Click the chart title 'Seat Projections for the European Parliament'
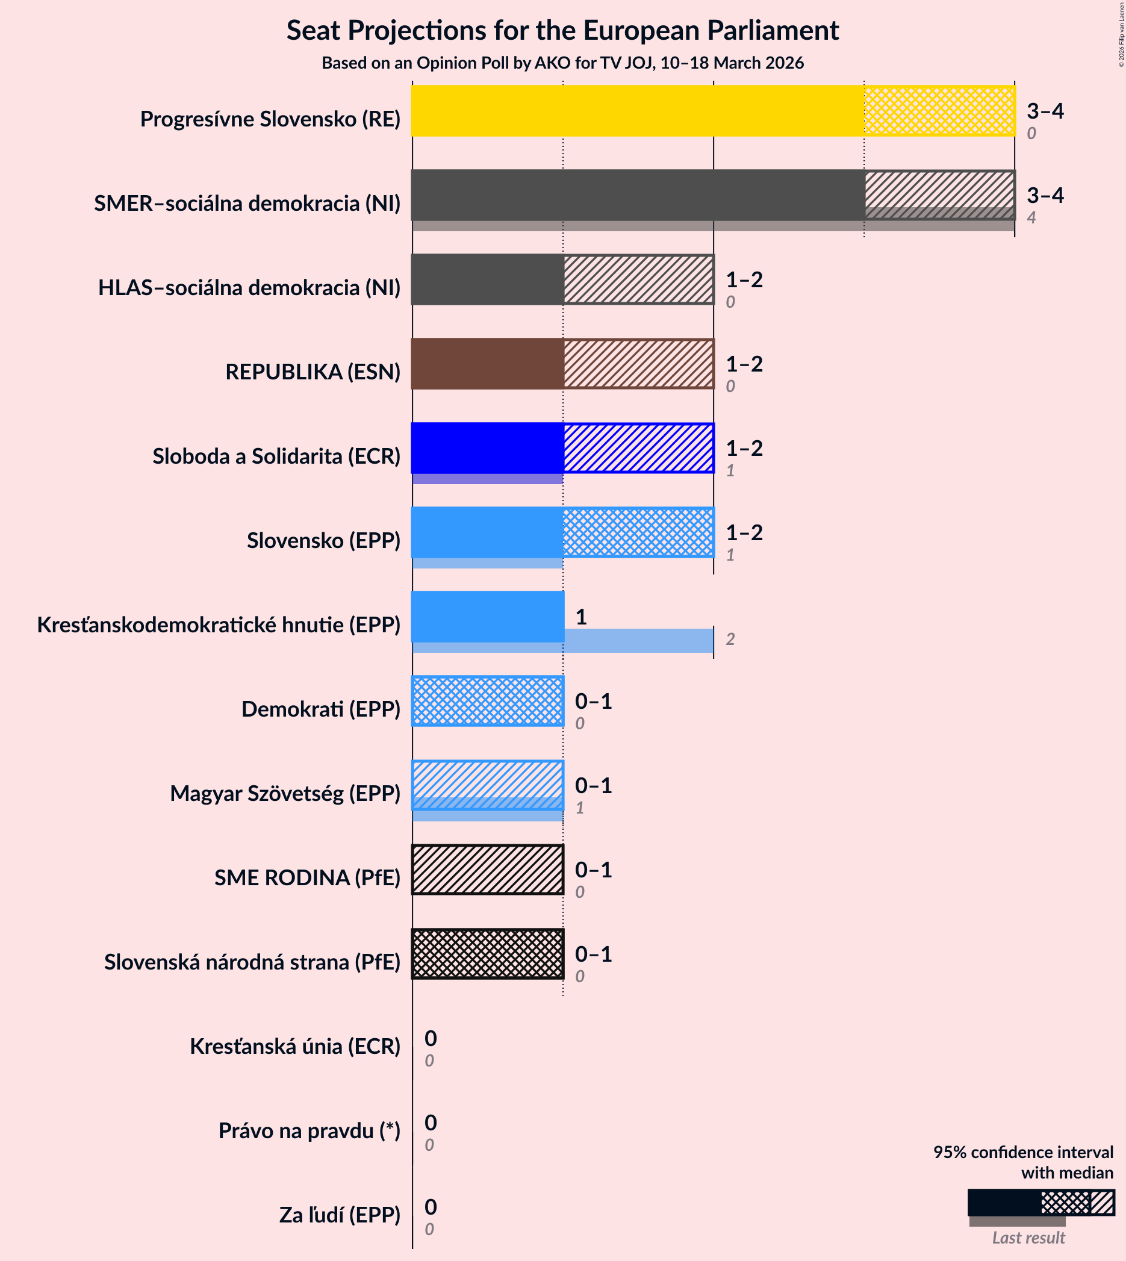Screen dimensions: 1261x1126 [562, 31]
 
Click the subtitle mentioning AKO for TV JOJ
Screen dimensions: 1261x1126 [562, 63]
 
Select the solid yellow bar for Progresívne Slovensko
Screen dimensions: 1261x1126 [637, 111]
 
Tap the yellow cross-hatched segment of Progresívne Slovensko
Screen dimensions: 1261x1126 [939, 111]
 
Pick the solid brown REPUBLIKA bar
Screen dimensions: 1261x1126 [488, 364]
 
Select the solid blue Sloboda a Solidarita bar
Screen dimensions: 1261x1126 [488, 448]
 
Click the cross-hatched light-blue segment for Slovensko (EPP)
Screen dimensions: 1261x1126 [638, 532]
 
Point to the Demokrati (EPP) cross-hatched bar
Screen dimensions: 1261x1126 [488, 701]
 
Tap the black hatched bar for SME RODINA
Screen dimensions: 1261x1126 [488, 870]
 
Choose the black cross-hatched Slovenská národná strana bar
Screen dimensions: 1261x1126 [488, 953]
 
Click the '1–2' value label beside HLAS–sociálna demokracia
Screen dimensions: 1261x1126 [744, 279]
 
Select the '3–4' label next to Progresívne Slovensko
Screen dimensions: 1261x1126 [1045, 111]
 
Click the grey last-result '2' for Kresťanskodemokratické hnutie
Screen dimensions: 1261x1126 [730, 639]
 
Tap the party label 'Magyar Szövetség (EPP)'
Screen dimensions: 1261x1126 [285, 793]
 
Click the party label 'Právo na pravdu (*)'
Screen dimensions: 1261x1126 [309, 1130]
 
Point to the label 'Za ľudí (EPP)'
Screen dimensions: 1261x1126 [340, 1215]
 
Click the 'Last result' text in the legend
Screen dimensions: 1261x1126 [1028, 1238]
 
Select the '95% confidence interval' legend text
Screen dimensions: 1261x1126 [1022, 1151]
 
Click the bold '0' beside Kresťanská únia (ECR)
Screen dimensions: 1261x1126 [431, 1038]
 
